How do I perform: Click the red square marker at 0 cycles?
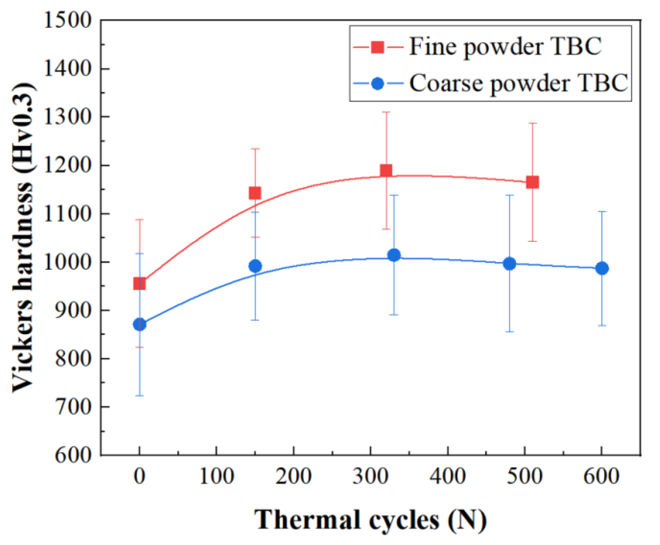(140, 283)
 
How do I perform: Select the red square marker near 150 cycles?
(255, 193)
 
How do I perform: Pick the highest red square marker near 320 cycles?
(386, 171)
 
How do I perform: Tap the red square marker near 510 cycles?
(532, 182)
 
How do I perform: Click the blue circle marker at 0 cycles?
(140, 324)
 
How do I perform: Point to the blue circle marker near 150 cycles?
(255, 266)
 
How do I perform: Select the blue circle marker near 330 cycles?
(394, 255)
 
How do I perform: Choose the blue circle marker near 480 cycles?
(510, 263)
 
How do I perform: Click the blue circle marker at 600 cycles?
(602, 268)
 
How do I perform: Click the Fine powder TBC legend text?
(505, 46)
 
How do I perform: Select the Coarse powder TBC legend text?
(518, 83)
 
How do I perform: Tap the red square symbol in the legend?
(378, 47)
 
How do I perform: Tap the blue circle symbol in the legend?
(378, 84)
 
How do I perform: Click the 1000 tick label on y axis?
(67, 262)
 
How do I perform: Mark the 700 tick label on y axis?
(73, 407)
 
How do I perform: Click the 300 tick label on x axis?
(370, 476)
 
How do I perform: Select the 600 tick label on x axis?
(601, 476)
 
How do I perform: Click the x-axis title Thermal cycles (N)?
(370, 520)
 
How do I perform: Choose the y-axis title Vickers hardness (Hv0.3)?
(24, 237)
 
